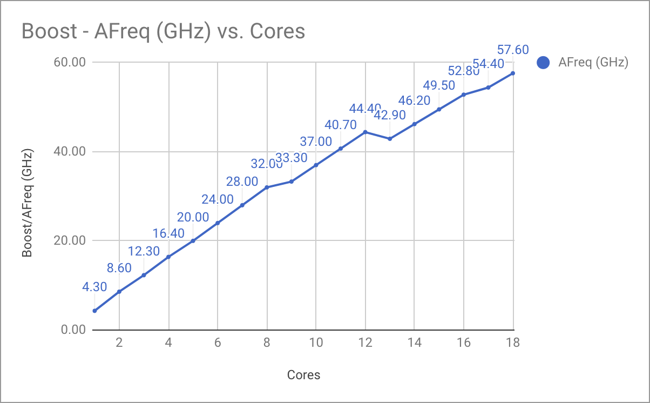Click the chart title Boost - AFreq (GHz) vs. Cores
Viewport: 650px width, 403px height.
(163, 31)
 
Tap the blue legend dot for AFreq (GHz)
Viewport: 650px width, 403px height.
(543, 63)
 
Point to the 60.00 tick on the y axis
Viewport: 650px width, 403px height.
(71, 62)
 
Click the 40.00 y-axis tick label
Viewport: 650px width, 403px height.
(71, 151)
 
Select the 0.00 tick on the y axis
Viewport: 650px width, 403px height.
(73, 330)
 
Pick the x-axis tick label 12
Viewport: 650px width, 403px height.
(365, 342)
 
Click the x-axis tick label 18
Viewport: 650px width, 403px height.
(513, 342)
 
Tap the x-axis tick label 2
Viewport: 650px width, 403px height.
(119, 342)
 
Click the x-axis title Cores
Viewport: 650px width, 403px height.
(303, 375)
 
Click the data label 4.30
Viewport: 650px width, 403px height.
(94, 287)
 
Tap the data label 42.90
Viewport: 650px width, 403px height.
(390, 115)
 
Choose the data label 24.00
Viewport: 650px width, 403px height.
(218, 199)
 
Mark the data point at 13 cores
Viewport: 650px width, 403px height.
(390, 139)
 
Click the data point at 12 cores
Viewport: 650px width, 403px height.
(365, 132)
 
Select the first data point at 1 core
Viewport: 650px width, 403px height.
(94, 311)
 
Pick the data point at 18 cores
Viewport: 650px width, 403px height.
(513, 73)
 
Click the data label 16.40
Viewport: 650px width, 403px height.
(168, 233)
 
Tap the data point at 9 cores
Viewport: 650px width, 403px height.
(292, 182)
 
